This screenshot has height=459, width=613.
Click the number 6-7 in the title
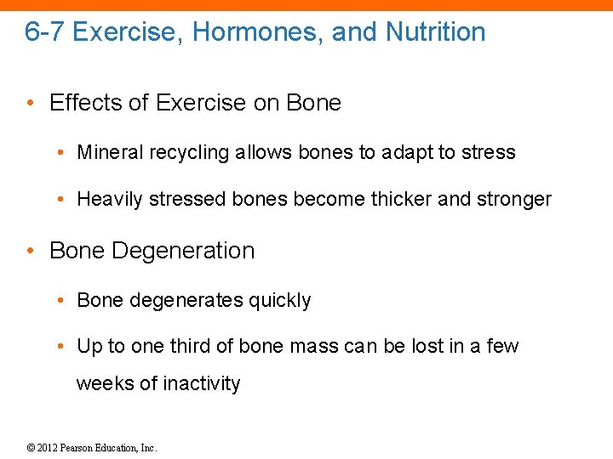click(x=44, y=32)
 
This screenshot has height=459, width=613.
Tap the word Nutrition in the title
click(x=435, y=32)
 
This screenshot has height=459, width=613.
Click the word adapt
click(x=406, y=152)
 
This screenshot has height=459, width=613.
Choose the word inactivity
click(x=201, y=383)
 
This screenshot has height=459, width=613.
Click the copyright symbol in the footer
click(x=30, y=447)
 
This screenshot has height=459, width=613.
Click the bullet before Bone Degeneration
click(x=30, y=252)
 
